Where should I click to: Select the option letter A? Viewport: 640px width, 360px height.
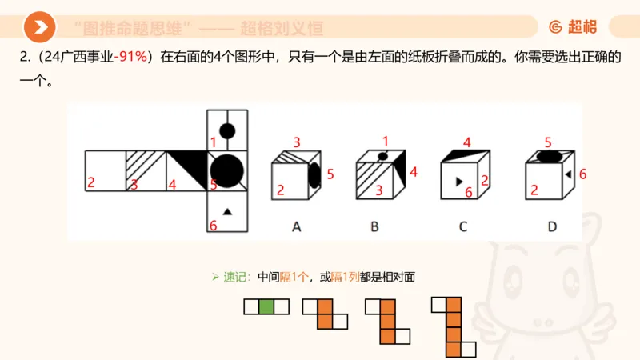(x=296, y=226)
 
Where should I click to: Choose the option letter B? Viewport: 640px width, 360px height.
(x=374, y=226)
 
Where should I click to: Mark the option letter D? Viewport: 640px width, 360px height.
(x=552, y=226)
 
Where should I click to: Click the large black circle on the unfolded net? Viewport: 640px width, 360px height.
(x=226, y=170)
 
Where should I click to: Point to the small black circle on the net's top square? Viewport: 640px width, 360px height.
(x=226, y=130)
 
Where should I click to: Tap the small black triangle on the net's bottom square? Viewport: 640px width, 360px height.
(x=226, y=211)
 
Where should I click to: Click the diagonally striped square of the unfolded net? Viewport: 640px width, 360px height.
(x=146, y=170)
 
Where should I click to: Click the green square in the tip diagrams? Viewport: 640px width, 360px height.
(x=266, y=306)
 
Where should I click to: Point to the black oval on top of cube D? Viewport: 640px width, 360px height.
(x=546, y=158)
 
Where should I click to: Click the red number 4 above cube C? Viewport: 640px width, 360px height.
(x=466, y=142)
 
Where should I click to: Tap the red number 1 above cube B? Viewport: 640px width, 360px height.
(x=385, y=140)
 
